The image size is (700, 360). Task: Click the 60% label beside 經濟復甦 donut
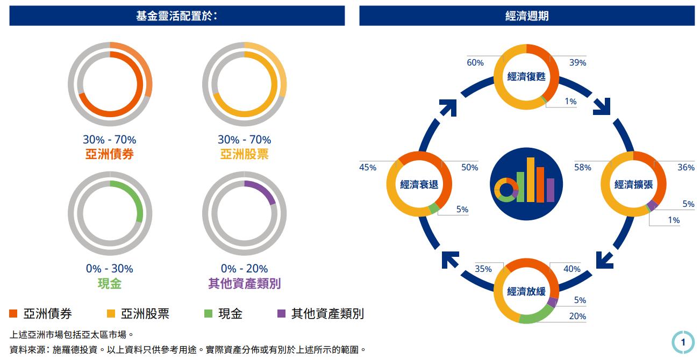coord(475,63)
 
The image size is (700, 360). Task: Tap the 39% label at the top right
coord(577,63)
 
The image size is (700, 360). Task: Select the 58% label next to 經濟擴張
coord(582,168)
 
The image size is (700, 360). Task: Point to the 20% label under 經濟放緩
coord(577,316)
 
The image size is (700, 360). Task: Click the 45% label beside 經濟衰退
coord(368,168)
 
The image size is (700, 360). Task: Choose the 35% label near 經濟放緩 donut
coord(483,269)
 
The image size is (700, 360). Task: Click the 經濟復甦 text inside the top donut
coord(526,77)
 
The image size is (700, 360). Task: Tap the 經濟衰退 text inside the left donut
coord(419,184)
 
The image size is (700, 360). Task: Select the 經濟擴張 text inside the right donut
coord(633,184)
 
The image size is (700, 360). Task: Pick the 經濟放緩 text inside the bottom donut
coord(526,291)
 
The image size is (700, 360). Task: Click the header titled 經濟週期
coord(526,16)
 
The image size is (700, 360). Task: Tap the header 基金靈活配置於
coord(176,16)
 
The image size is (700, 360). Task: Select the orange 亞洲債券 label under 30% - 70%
coord(109,155)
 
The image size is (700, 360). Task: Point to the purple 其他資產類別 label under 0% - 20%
coord(244,284)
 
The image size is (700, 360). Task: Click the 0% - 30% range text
coord(109,269)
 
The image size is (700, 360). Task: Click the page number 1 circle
coord(683,342)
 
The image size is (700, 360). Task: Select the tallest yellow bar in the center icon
coord(530,179)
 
